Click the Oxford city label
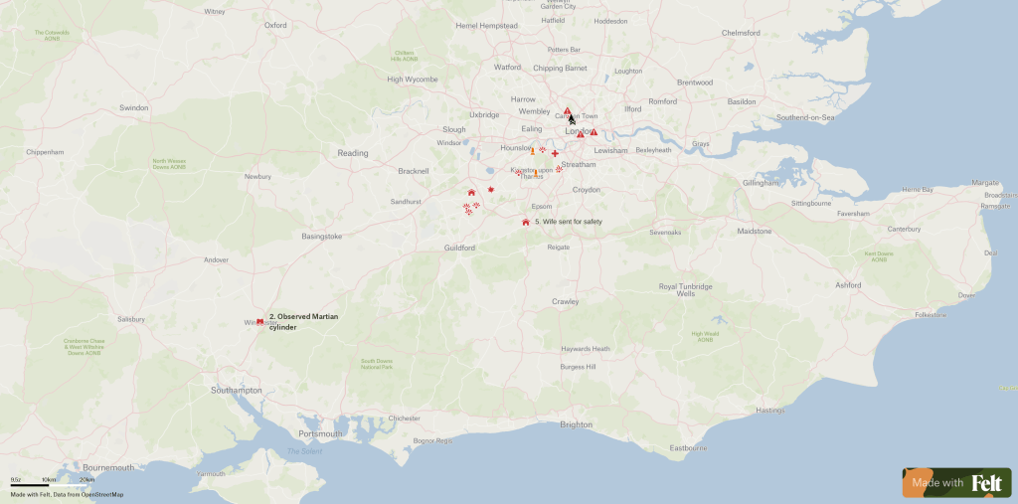(x=275, y=26)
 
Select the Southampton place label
(x=237, y=391)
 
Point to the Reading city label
(x=353, y=153)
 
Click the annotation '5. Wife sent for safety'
(x=568, y=222)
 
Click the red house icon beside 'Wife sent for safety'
(x=525, y=222)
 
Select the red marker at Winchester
(x=259, y=321)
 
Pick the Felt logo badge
(x=957, y=483)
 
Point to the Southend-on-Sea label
(x=804, y=117)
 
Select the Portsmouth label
(x=320, y=433)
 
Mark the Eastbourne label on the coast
(x=688, y=448)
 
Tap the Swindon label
(x=133, y=107)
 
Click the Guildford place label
(x=460, y=248)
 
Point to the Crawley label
(x=566, y=301)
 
